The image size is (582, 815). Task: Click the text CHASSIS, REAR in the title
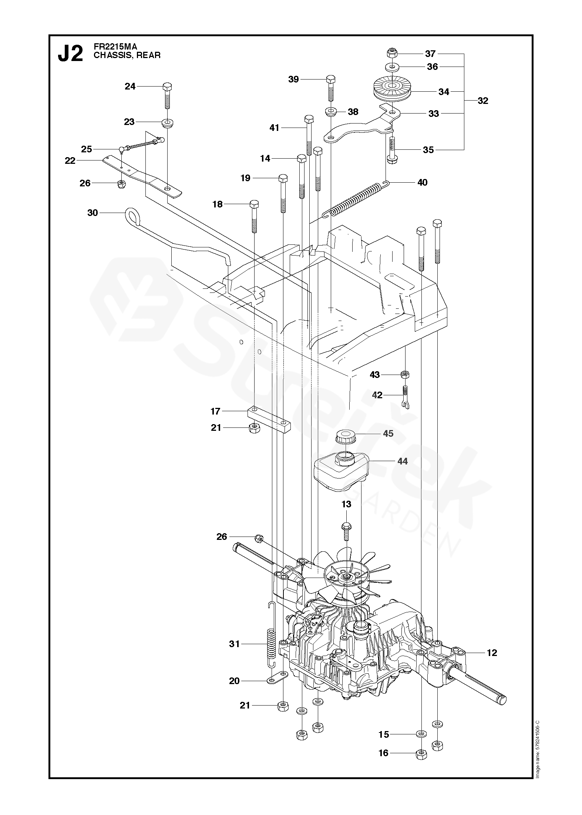pyautogui.click(x=127, y=55)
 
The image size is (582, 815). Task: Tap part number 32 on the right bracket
pyautogui.click(x=482, y=101)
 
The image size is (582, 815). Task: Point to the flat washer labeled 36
pyautogui.click(x=392, y=67)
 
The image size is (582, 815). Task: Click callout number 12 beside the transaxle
pyautogui.click(x=492, y=653)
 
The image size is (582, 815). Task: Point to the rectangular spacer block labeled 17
pyautogui.click(x=269, y=419)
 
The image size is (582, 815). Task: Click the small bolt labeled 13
pyautogui.click(x=346, y=527)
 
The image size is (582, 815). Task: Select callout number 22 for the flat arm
pyautogui.click(x=70, y=160)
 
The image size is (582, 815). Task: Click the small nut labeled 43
pyautogui.click(x=406, y=375)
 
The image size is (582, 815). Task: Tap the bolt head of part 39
pyautogui.click(x=331, y=79)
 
